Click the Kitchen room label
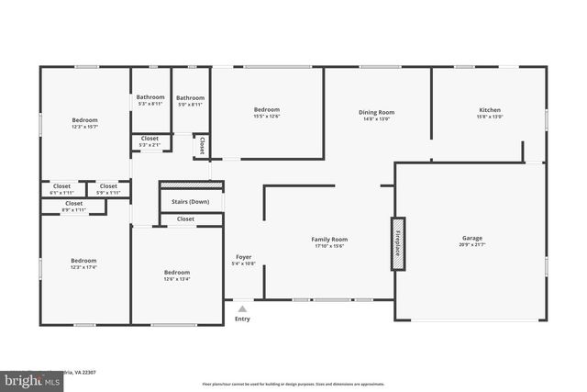coord(489,111)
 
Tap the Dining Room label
coord(376,111)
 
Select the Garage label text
coord(471,239)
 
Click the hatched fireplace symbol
coord(398,243)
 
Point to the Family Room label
coord(329,239)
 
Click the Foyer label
coord(243,257)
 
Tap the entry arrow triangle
coord(242,309)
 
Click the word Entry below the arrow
coord(242,319)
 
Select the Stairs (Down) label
coord(191,201)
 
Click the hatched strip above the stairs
coord(191,185)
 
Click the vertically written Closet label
coord(202,145)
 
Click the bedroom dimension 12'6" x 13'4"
coord(177,280)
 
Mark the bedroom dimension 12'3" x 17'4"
coord(83,267)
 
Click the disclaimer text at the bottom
coord(293,383)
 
